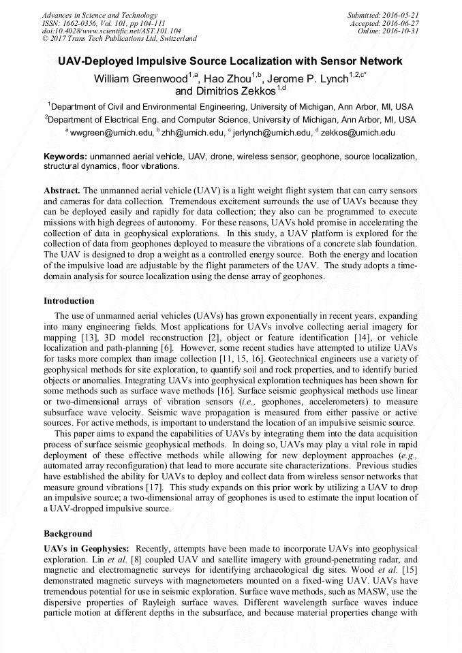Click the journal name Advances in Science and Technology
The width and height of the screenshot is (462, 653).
pyautogui.click(x=99, y=15)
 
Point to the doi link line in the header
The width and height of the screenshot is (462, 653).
pyautogui.click(x=112, y=31)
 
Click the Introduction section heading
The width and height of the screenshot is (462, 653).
pyautogui.click(x=69, y=301)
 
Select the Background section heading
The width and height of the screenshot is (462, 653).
pyautogui.click(x=67, y=533)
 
